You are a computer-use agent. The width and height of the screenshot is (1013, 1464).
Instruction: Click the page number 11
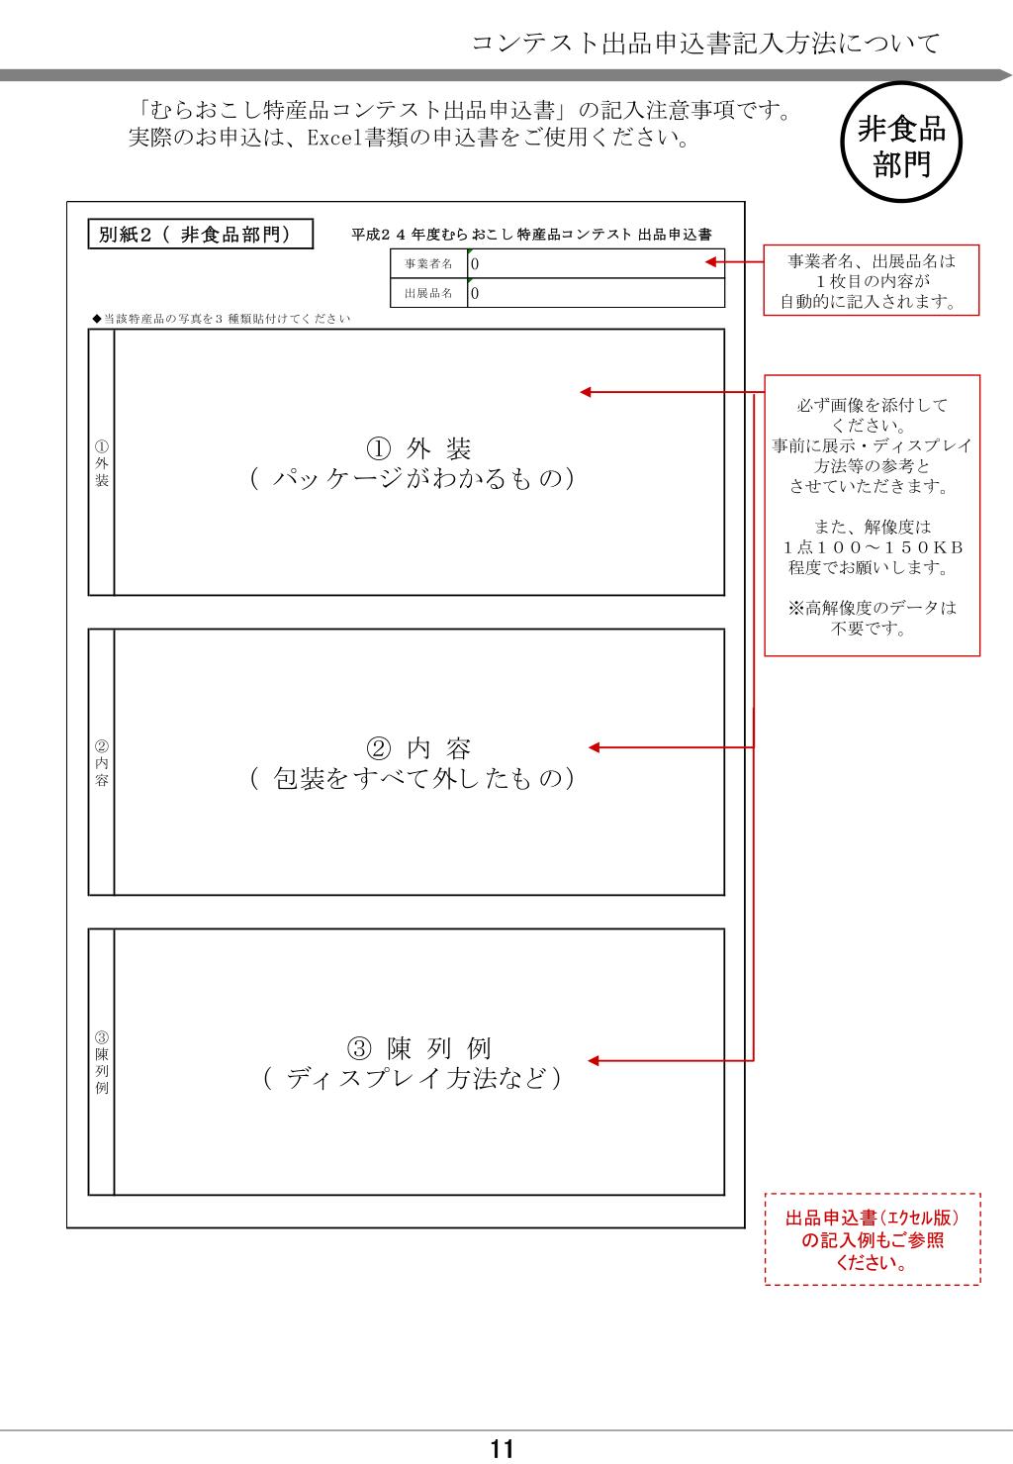503,1450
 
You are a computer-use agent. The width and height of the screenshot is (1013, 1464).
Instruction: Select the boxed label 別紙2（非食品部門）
201,235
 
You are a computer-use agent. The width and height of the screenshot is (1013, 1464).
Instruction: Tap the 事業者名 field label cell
428,264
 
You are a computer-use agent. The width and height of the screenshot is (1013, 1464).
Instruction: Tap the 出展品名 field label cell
428,294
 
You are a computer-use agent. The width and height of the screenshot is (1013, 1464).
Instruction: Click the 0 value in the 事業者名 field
475,264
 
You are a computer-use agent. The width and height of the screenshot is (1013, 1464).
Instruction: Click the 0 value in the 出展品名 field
475,294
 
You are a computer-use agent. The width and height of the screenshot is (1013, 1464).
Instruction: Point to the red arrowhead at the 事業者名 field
709,263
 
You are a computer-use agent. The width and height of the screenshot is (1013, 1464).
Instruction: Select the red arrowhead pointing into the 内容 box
595,747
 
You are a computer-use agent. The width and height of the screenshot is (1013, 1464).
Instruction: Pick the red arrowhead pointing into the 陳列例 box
595,1062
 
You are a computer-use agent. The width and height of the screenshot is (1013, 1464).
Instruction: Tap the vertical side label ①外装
102,464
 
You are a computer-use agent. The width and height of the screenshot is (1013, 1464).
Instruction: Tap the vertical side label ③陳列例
102,1062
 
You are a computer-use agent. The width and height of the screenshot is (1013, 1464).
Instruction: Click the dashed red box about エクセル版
873,1239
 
